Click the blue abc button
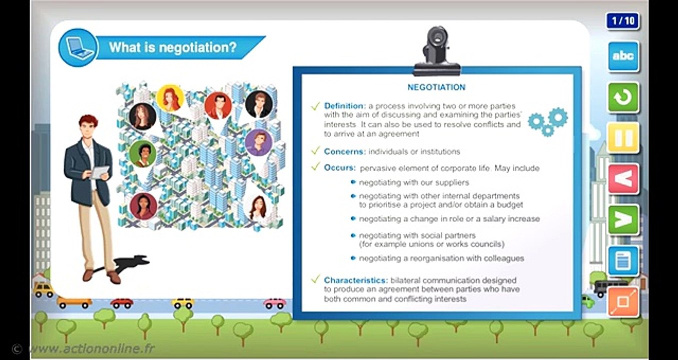(623, 56)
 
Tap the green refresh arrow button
(623, 97)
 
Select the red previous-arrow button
(623, 178)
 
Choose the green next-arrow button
(623, 219)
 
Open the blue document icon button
(623, 260)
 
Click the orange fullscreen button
(623, 301)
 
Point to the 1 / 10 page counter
(623, 21)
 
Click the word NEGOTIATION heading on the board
(436, 87)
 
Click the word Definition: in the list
(345, 106)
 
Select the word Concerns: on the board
(345, 151)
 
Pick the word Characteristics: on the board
(356, 280)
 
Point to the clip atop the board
(436, 50)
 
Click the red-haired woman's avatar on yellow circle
(170, 97)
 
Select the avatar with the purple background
(259, 142)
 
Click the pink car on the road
(275, 303)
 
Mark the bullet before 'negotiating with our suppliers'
(353, 182)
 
